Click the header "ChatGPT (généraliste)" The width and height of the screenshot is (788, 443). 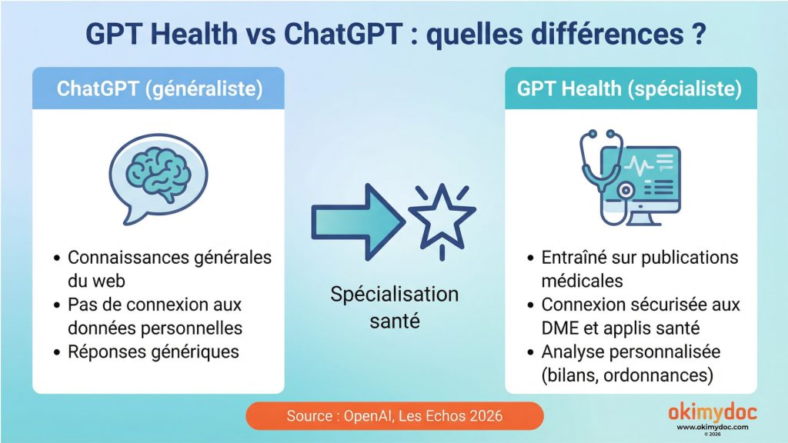pyautogui.click(x=159, y=88)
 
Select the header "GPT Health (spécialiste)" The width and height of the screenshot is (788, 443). pyautogui.click(x=629, y=88)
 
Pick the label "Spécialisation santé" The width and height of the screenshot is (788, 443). pyautogui.click(x=394, y=307)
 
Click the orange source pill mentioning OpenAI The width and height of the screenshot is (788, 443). pyautogui.click(x=394, y=416)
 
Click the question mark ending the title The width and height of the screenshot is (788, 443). pyautogui.click(x=695, y=35)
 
